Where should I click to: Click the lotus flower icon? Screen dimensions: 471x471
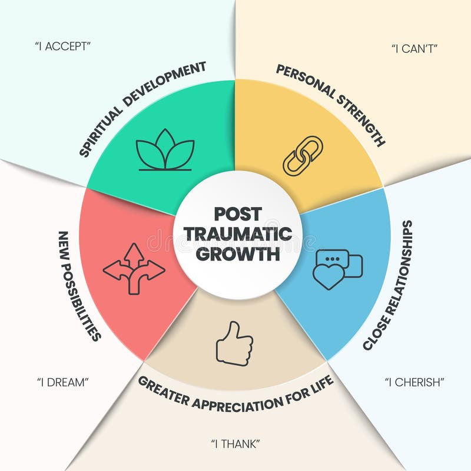(165, 151)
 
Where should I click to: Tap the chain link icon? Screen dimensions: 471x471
(303, 155)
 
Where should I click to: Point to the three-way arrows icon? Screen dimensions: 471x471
(134, 269)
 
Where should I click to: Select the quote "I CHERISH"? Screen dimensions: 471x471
(414, 382)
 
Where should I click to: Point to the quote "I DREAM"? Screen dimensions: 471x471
(62, 382)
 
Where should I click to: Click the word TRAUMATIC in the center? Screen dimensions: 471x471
(238, 234)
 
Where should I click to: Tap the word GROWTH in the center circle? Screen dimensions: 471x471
(238, 255)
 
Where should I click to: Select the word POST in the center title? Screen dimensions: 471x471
(238, 213)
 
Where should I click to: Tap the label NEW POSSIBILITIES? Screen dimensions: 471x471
(79, 285)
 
